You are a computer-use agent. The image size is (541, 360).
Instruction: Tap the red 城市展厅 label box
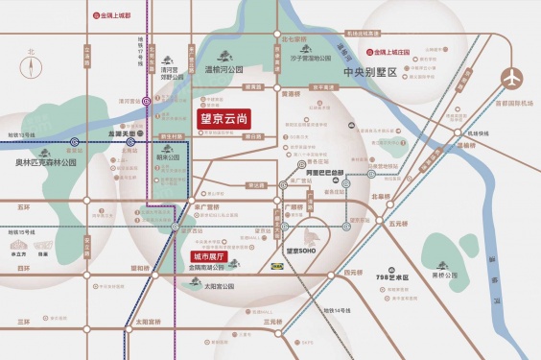(208, 257)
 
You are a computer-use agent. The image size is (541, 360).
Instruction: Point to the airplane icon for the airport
(515, 75)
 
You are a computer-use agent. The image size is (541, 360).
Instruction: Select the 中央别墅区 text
(375, 72)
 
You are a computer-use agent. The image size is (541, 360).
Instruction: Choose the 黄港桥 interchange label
(290, 95)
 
